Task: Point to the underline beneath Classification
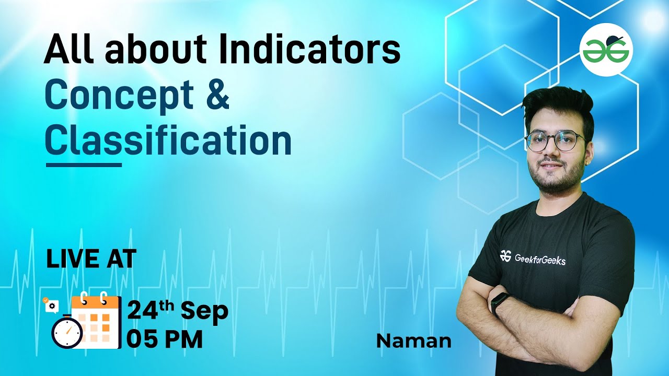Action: (84, 164)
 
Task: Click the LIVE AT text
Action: (91, 259)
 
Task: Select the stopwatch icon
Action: (67, 332)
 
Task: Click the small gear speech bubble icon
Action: (51, 305)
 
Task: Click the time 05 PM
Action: (165, 340)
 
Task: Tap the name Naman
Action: (413, 341)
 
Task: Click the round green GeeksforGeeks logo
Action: (606, 50)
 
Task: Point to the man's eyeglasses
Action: (555, 141)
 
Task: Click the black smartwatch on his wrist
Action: (500, 303)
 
